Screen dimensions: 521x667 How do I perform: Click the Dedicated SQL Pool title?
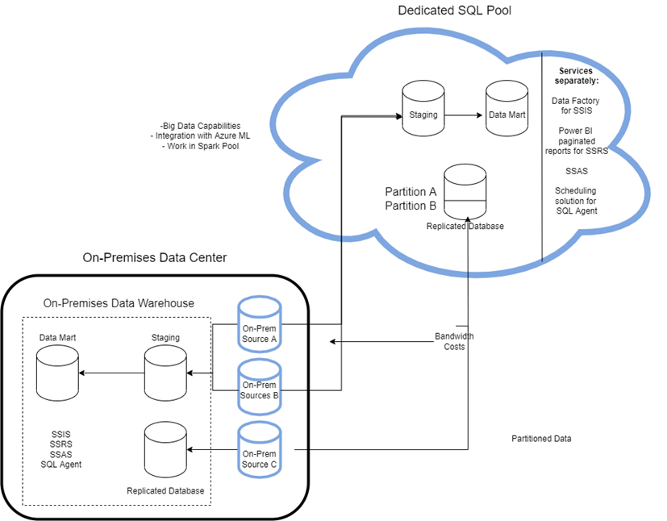click(x=454, y=10)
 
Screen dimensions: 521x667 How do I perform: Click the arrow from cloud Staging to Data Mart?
click(x=464, y=115)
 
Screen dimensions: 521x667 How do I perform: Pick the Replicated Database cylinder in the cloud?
click(x=465, y=191)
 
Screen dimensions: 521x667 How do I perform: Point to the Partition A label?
click(x=411, y=192)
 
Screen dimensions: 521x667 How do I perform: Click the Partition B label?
click(x=411, y=206)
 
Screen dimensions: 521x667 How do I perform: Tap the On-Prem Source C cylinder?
click(x=259, y=452)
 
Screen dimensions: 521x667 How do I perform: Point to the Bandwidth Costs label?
click(x=454, y=341)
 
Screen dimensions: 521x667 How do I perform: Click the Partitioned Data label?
click(x=541, y=439)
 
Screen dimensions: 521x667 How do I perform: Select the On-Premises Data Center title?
click(x=155, y=257)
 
